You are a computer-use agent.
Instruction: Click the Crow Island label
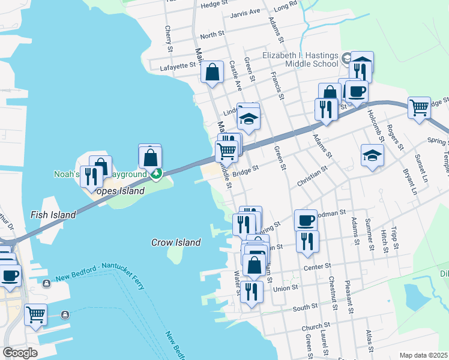tap(175, 242)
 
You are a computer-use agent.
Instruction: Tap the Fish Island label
tap(54, 214)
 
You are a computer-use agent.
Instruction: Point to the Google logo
tap(20, 352)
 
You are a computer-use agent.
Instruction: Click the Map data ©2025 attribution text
tap(424, 355)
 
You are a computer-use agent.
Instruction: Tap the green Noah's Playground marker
tap(157, 174)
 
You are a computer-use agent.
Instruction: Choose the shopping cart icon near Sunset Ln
tap(419, 108)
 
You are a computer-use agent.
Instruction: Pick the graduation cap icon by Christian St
tap(372, 155)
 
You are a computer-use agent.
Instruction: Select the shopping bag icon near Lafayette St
tap(212, 72)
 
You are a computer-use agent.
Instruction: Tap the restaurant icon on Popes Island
tap(91, 176)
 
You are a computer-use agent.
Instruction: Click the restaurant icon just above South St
tap(251, 292)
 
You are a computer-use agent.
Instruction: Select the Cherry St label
tap(168, 37)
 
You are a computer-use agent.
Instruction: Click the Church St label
tap(313, 328)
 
